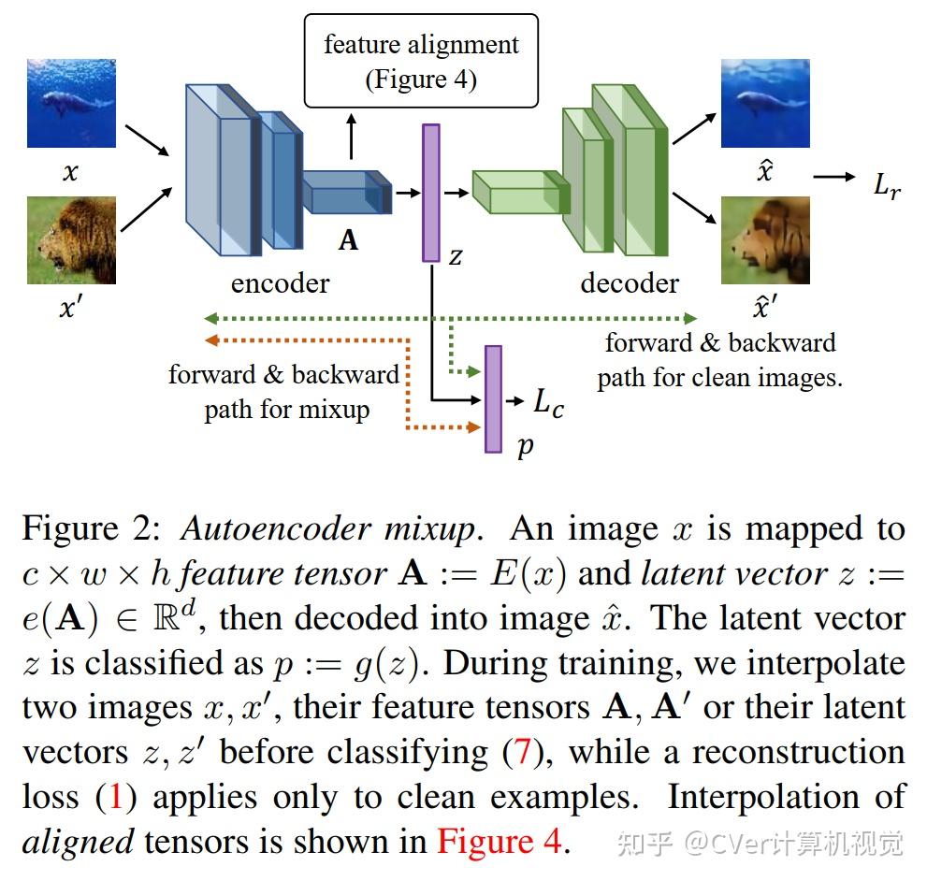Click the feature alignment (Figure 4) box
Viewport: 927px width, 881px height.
[x=421, y=61]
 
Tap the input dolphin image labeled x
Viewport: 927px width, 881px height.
[x=71, y=102]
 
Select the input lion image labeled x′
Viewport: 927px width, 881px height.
[x=71, y=239]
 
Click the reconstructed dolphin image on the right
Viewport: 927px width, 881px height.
[x=764, y=103]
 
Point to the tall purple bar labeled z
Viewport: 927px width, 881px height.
[x=431, y=193]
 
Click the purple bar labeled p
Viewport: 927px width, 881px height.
[x=493, y=399]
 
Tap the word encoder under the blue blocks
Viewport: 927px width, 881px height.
[x=280, y=283]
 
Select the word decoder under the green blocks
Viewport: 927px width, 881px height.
[x=630, y=283]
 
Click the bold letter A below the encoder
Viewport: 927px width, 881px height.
[x=348, y=240]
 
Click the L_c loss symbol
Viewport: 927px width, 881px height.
[x=548, y=402]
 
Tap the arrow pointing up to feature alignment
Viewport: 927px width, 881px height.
[x=351, y=134]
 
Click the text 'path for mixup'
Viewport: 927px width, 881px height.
[x=286, y=410]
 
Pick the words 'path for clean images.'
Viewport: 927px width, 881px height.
[x=719, y=378]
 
